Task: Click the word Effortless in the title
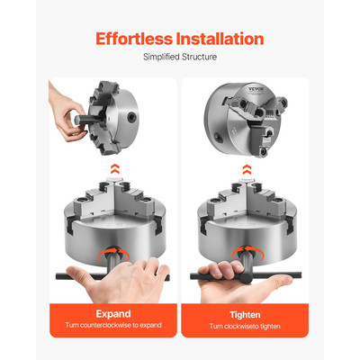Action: (134, 39)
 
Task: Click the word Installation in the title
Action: (220, 39)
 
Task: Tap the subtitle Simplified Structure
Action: (180, 57)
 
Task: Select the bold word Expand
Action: (113, 314)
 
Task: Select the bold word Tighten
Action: (245, 315)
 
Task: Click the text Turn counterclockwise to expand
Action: (113, 325)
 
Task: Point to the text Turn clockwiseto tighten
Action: (245, 326)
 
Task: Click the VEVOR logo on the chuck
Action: (256, 90)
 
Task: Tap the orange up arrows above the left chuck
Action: (115, 169)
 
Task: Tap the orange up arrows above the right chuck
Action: (247, 169)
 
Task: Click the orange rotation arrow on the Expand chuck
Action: (113, 254)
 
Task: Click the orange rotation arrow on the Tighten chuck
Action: (248, 254)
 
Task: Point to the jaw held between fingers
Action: (88, 120)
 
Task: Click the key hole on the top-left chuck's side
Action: (130, 118)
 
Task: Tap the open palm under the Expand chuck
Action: (120, 279)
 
